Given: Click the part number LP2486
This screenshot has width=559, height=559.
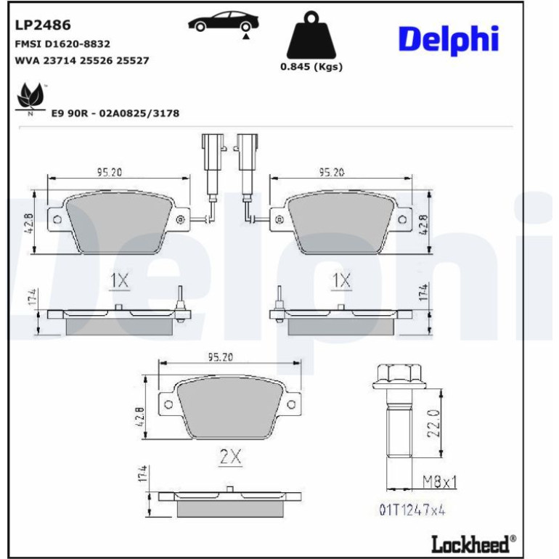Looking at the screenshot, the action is pos(43,25).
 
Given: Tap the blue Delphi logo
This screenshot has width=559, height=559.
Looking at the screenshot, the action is pos(448,40).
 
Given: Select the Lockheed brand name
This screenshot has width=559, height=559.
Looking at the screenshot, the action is pos(470,544).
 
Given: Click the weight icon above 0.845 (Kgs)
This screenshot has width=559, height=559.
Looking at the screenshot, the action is pos(311,35).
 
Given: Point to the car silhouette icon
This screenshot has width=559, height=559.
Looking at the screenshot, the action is pos(224,23).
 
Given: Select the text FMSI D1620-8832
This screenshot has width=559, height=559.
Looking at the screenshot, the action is pos(62,44).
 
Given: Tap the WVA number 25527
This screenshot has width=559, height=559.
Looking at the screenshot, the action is pos(133,60).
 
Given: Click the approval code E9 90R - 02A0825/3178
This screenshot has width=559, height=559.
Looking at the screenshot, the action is pos(115,113).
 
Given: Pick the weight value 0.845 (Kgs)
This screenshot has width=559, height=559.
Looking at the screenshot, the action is pos(311,67).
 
